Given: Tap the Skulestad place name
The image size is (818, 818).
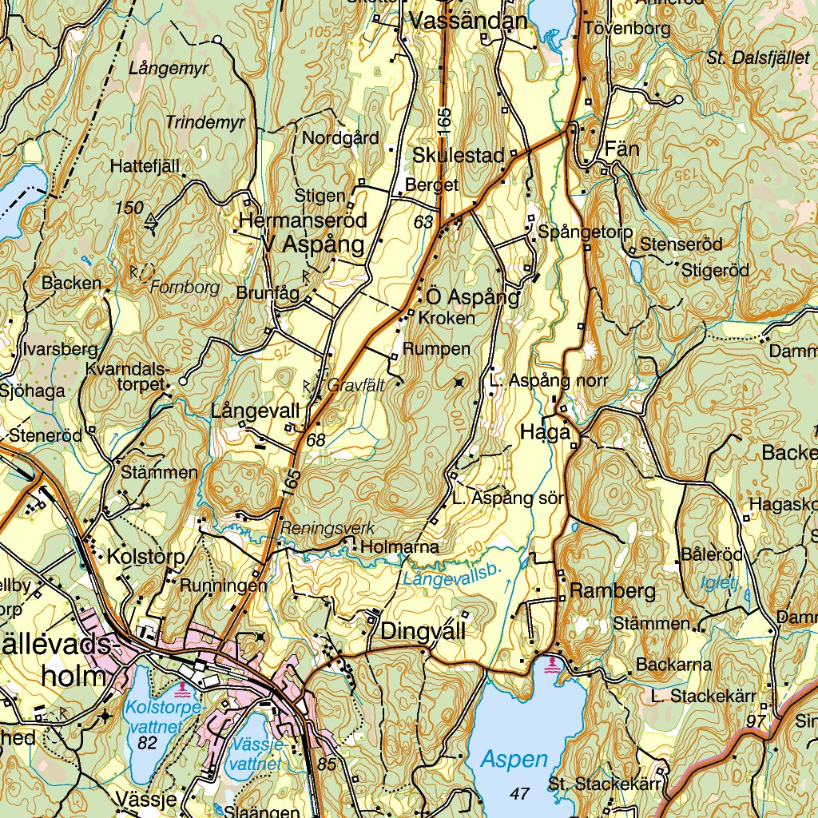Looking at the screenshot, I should click(x=460, y=155).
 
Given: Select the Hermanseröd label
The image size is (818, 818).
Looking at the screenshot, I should click(x=303, y=220).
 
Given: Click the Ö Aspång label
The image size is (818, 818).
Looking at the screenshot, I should click(x=473, y=297).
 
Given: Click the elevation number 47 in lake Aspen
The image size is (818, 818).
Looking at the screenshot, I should click(x=519, y=793).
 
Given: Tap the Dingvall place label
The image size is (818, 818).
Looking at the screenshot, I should click(x=423, y=631).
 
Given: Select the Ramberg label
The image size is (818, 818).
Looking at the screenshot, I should click(x=613, y=592).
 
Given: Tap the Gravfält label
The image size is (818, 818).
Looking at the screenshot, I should click(x=355, y=385).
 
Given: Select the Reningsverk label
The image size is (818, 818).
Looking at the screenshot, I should click(x=327, y=528).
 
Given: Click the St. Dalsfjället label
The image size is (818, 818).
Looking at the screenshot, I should click(x=756, y=57).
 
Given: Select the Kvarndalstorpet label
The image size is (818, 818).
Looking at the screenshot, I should click(x=128, y=376).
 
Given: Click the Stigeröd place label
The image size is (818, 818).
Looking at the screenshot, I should click(x=715, y=271).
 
